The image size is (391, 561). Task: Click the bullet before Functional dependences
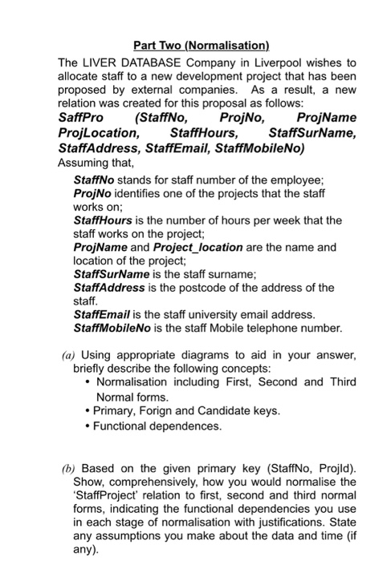[88, 426]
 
